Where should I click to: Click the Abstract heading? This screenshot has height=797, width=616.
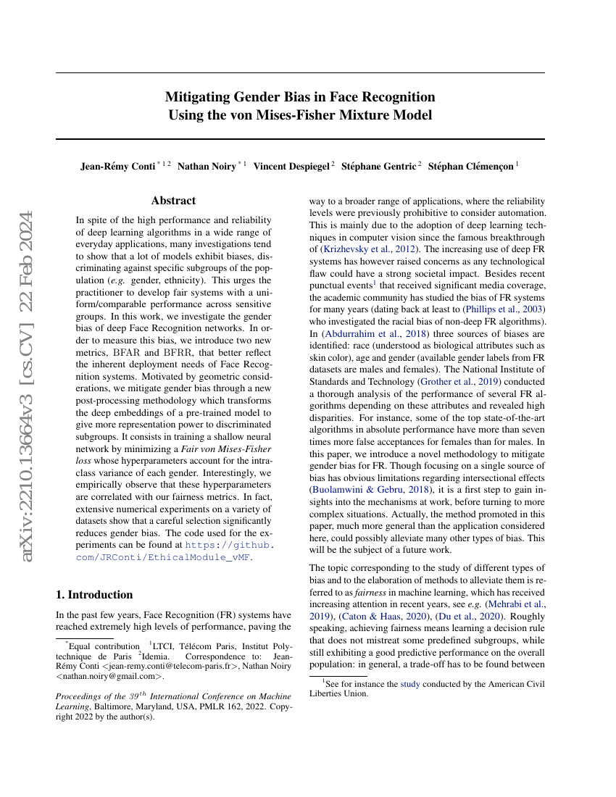[x=173, y=201]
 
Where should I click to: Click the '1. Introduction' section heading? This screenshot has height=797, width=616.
[x=94, y=595]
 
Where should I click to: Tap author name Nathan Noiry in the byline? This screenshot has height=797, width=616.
[x=207, y=166]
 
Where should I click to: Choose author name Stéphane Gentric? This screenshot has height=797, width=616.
[x=378, y=166]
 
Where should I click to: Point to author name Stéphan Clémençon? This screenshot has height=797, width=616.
[x=470, y=166]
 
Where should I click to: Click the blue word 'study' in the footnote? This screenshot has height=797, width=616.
[x=409, y=683]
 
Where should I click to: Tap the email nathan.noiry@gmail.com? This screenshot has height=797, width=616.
[x=110, y=676]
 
